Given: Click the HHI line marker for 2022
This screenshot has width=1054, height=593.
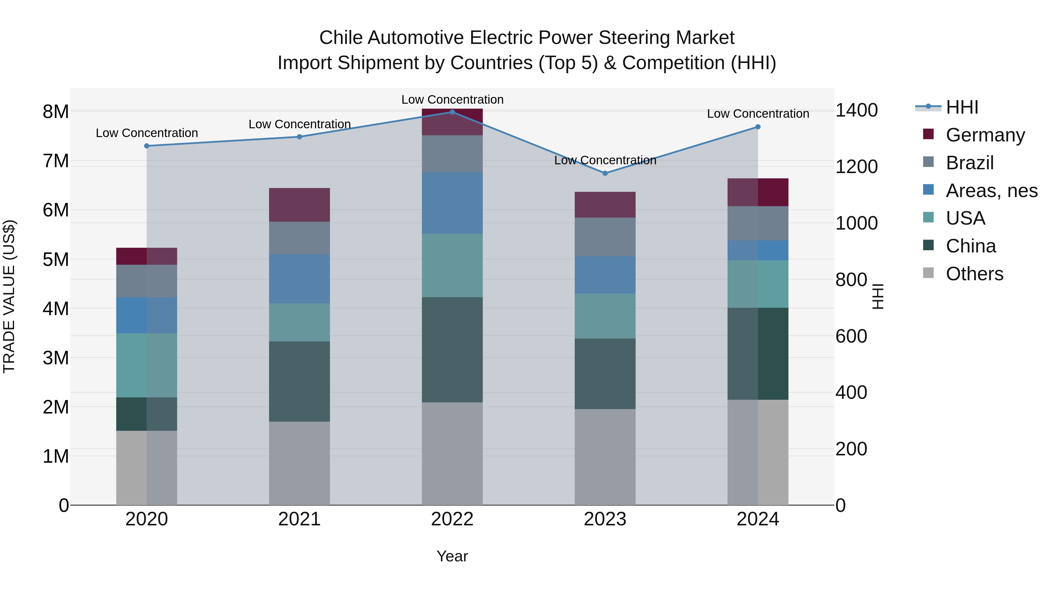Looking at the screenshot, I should click(x=452, y=112).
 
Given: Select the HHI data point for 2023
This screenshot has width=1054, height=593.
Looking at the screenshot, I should click(x=605, y=173).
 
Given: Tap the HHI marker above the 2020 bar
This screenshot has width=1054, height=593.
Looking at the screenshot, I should click(x=146, y=146).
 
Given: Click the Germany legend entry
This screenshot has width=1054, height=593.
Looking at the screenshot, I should click(x=985, y=135).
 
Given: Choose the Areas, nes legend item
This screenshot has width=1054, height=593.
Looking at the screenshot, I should click(x=991, y=191).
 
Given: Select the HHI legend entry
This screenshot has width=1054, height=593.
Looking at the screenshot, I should click(x=961, y=107).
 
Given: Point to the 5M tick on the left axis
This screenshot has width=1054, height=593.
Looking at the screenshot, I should click(x=56, y=259).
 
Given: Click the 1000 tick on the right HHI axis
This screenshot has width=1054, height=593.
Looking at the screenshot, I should click(x=856, y=223).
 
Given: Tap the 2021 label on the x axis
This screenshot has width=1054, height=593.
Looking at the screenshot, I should click(x=299, y=519).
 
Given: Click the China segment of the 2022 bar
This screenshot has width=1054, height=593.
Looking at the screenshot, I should click(x=452, y=350).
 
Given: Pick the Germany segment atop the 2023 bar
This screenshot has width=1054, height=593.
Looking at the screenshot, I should click(x=605, y=205).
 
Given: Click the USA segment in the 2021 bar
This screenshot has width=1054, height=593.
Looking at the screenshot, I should click(x=299, y=322).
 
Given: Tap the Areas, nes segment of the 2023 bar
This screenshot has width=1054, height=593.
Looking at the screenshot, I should click(x=605, y=275).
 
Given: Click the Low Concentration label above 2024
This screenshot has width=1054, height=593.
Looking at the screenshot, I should click(x=758, y=114).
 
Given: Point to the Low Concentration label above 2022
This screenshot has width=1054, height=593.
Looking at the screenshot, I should click(x=452, y=100).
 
